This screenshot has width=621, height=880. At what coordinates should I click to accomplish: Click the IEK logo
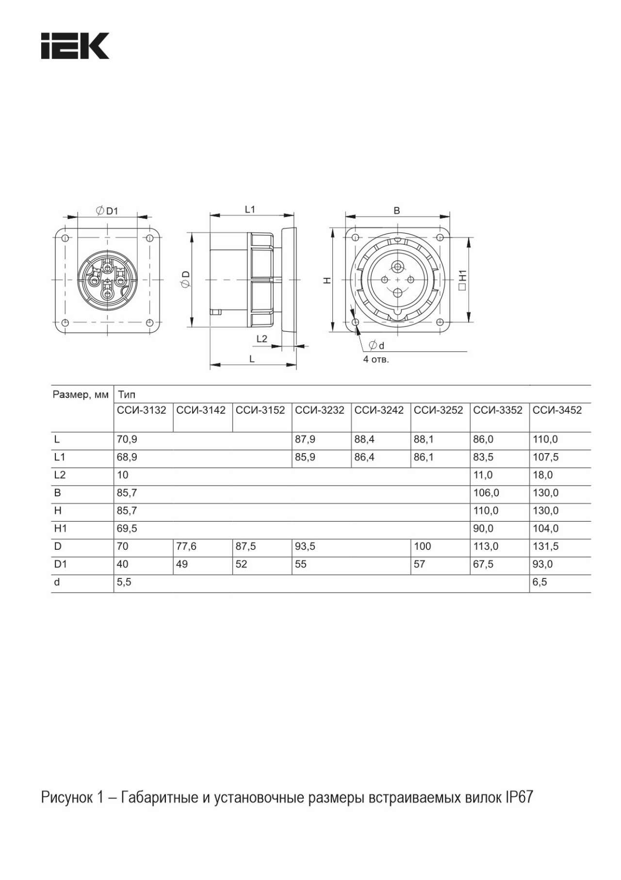pos(75,46)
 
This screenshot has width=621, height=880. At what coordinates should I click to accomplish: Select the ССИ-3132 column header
pos(142,410)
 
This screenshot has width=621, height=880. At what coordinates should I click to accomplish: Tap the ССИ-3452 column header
pos(557,410)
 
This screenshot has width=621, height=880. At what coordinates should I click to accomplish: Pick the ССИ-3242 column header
pos(379,410)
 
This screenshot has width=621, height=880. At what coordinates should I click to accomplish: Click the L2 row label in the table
pos(60,475)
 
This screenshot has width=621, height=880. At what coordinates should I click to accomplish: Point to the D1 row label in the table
pos(60,564)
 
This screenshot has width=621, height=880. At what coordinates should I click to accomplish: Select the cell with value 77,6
pos(186,546)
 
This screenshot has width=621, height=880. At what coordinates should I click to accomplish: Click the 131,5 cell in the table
pos(546,546)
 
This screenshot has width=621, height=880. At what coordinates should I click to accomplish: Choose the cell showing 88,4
pos(364,440)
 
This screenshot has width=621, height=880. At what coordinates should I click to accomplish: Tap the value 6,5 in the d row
pos(540,582)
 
